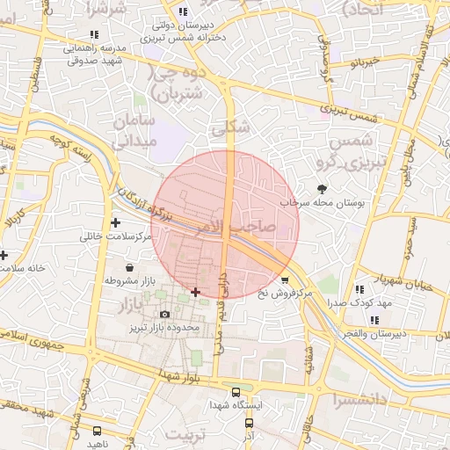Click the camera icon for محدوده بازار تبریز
[164, 315]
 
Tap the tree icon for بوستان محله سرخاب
[322, 188]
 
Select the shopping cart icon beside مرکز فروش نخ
[283, 280]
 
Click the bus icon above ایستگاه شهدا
[236, 393]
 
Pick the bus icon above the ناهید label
[97, 432]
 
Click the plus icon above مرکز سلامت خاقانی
[115, 222]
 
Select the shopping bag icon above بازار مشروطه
[130, 267]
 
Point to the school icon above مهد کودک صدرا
[359, 289]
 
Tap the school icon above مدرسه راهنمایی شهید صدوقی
[94, 35]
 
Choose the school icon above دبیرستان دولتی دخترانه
[182, 11]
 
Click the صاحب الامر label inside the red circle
[245, 228]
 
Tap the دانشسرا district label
[364, 398]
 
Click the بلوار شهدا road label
[180, 376]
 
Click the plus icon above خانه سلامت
[4, 255]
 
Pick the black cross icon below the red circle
[195, 291]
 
